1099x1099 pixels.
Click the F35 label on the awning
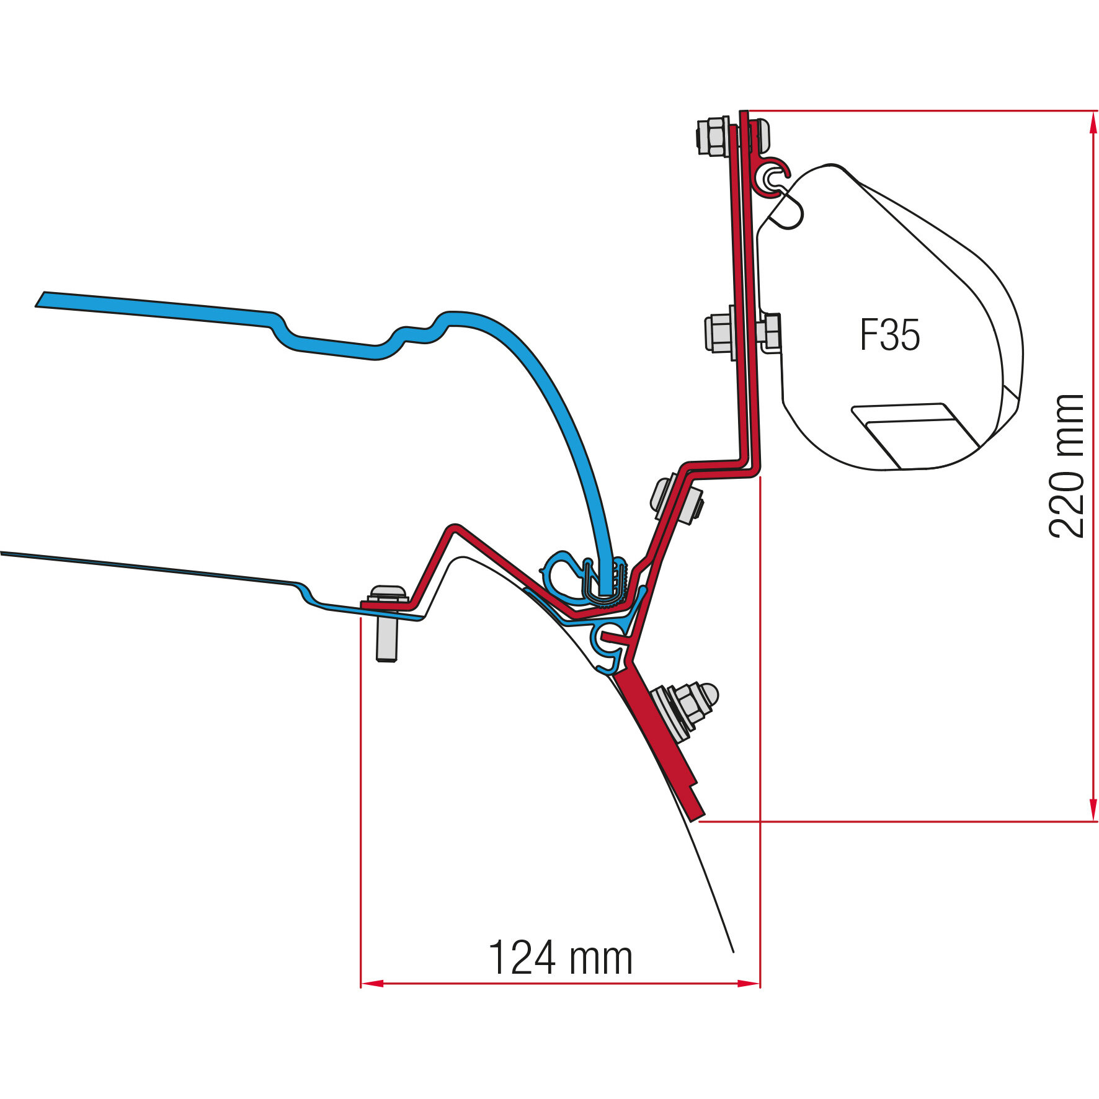(x=890, y=335)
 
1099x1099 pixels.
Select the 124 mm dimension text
(x=561, y=958)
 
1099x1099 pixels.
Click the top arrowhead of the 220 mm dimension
(x=1093, y=122)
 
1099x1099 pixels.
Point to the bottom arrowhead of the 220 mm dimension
(x=1093, y=811)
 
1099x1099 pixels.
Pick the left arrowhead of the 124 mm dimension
(x=372, y=984)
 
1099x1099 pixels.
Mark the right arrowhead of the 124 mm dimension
(x=749, y=984)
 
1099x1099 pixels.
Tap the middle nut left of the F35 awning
(x=719, y=333)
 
